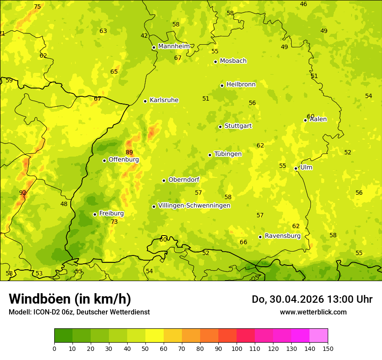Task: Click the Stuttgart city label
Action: click(x=238, y=126)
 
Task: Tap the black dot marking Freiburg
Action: click(x=95, y=214)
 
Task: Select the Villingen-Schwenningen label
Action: click(x=194, y=206)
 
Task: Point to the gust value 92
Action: click(x=23, y=193)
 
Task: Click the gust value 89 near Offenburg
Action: click(x=129, y=152)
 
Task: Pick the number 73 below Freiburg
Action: click(x=114, y=222)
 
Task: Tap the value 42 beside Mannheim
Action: click(x=144, y=36)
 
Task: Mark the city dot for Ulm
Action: click(x=296, y=168)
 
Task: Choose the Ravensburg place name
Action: click(x=283, y=236)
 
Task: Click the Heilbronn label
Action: click(x=241, y=84)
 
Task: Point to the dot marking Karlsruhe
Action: click(x=145, y=101)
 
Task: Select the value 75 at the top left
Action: click(x=37, y=7)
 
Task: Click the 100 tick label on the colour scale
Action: click(x=237, y=348)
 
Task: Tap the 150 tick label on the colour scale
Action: click(x=328, y=348)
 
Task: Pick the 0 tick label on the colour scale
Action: click(x=54, y=348)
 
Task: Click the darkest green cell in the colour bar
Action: click(x=63, y=336)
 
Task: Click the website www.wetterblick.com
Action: click(x=313, y=312)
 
